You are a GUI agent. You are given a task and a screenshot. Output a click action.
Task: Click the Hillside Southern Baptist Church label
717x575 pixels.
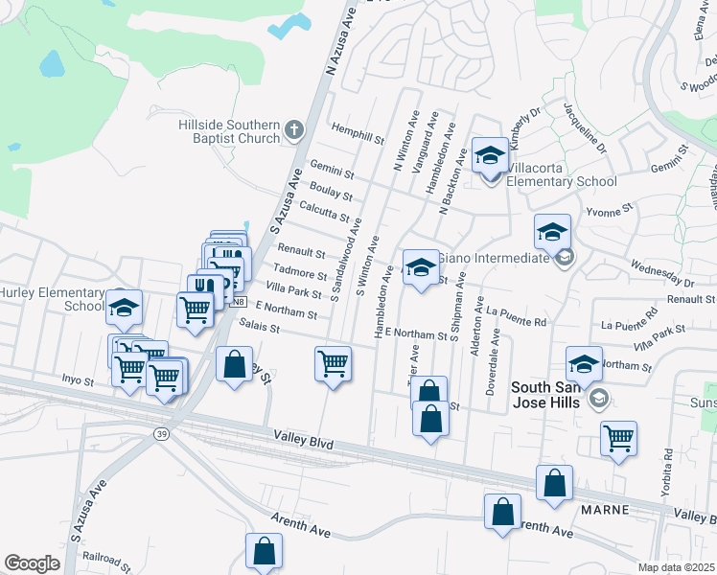pyautogui.click(x=229, y=131)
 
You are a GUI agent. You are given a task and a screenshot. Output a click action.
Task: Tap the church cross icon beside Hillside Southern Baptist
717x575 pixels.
pyautogui.click(x=295, y=131)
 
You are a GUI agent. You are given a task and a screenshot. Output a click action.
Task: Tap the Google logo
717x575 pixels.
pyautogui.click(x=33, y=563)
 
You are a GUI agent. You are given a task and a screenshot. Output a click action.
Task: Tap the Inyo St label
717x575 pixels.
pyautogui.click(x=76, y=380)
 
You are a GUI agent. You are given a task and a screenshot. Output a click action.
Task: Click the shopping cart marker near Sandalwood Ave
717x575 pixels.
pyautogui.click(x=333, y=363)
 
